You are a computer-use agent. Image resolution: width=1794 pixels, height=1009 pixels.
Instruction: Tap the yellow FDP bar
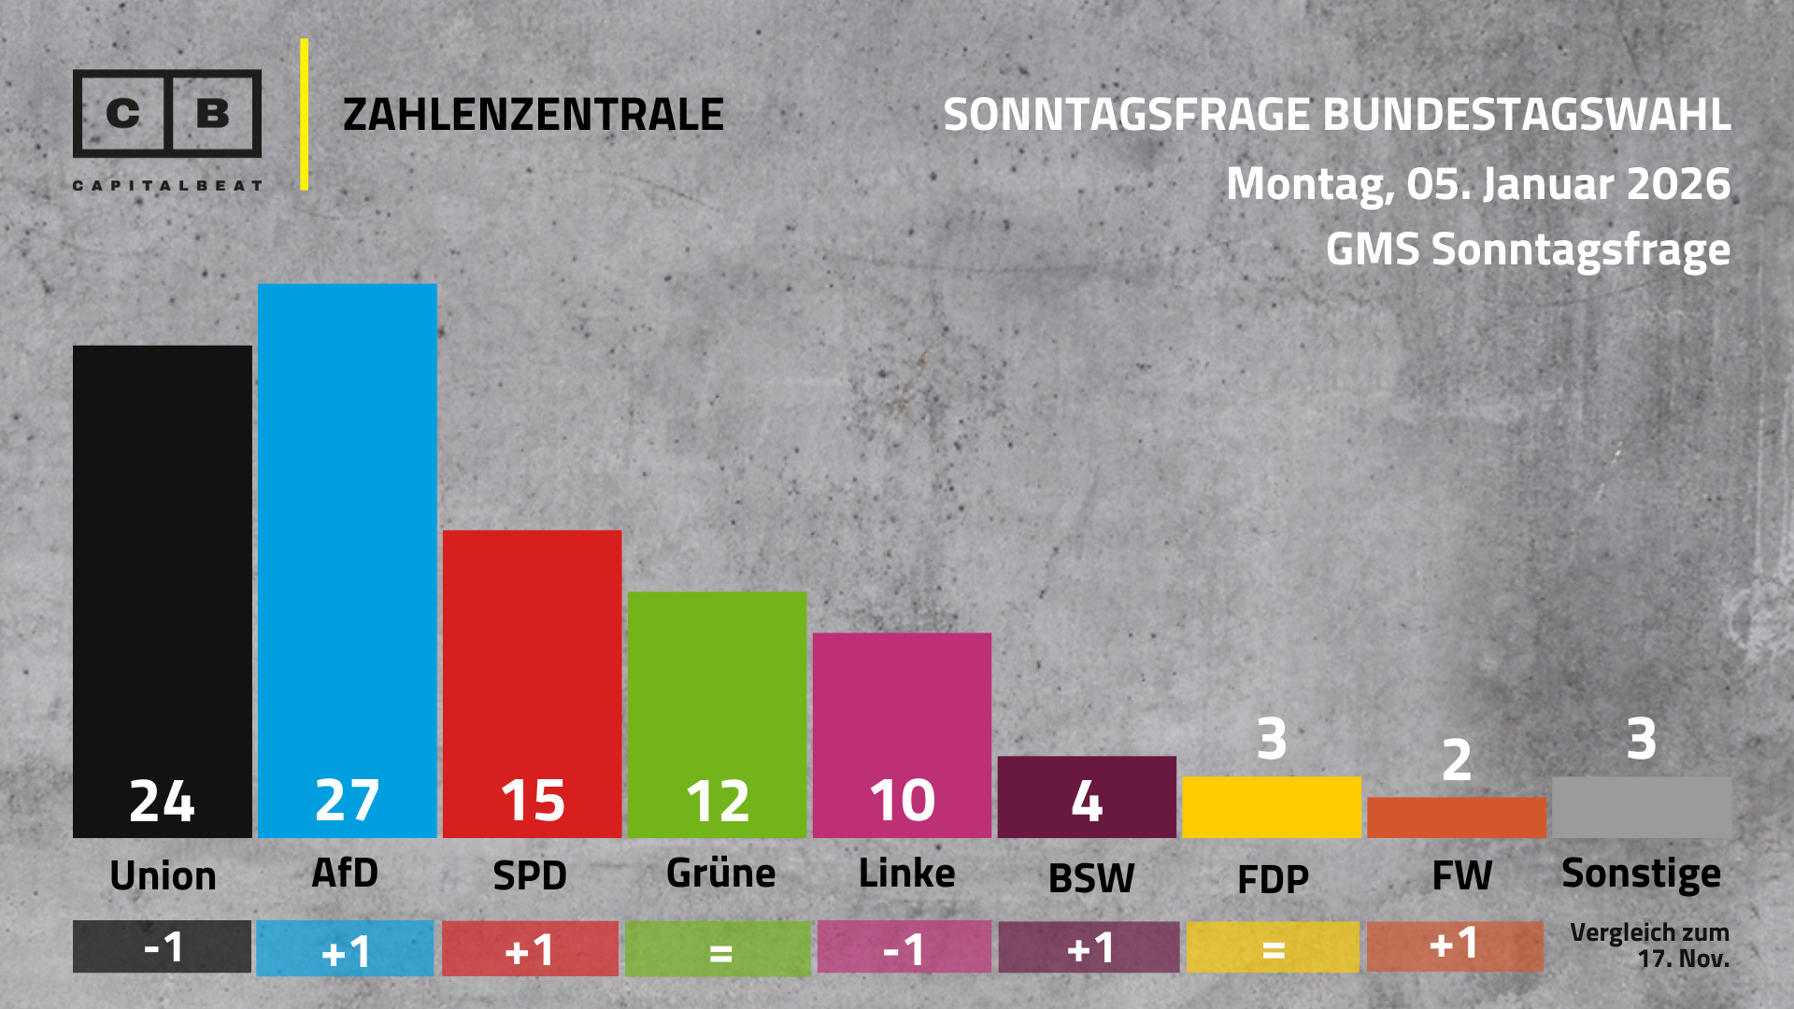tap(1271, 807)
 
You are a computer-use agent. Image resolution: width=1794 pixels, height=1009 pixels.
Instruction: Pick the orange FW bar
tap(1456, 817)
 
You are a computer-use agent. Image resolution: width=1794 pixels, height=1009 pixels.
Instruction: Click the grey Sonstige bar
tap(1641, 807)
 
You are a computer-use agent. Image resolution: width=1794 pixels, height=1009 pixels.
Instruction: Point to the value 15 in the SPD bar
tap(533, 801)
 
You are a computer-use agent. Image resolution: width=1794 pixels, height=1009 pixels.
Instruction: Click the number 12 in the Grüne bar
tap(718, 801)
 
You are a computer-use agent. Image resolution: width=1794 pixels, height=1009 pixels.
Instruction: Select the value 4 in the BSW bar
tap(1087, 801)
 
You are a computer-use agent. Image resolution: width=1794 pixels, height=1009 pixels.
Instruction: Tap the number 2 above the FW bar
tap(1457, 760)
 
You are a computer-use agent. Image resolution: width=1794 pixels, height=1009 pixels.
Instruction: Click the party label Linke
tap(906, 874)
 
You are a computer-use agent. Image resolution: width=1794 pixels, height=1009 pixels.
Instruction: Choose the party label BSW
tap(1091, 878)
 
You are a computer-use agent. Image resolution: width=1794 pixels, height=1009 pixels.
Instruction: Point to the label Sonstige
tap(1641, 874)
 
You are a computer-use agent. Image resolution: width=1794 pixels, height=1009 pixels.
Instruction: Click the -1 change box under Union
tap(162, 947)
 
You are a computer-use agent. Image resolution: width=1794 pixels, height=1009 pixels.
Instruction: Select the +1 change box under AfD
tap(345, 949)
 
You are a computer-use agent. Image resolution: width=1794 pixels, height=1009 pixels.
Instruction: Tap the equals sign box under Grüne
tap(718, 949)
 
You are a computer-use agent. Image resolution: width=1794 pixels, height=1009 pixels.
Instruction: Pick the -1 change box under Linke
tap(904, 948)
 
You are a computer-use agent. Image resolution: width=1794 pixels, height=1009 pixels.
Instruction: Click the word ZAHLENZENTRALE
tap(533, 115)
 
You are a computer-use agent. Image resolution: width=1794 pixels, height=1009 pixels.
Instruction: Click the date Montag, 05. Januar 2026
tap(1478, 183)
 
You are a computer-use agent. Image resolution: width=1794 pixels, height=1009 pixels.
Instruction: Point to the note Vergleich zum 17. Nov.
tap(1650, 945)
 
